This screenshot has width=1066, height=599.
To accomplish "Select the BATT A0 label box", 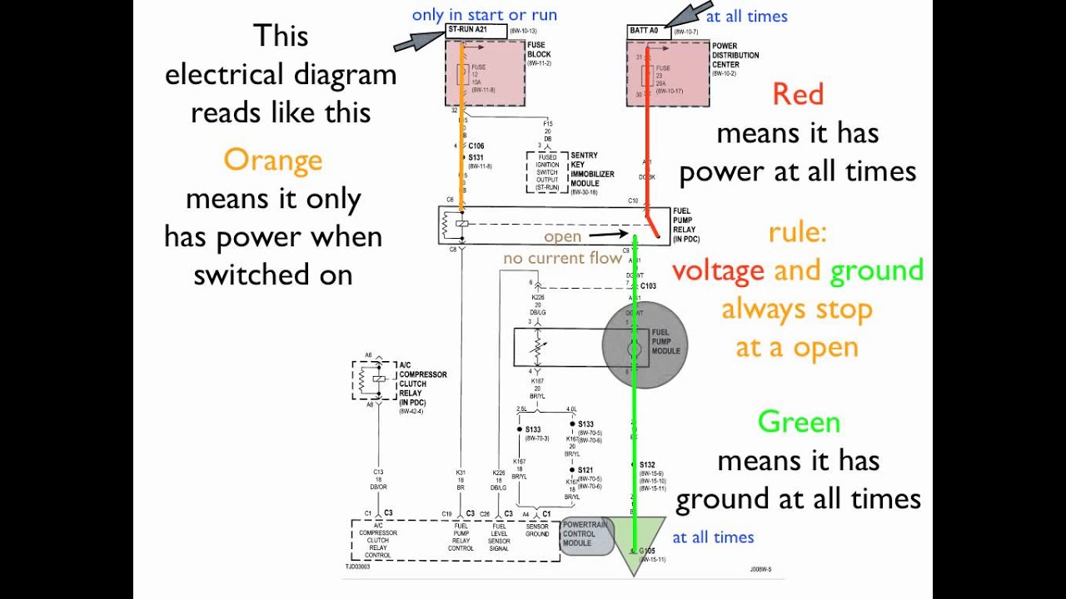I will click(648, 32).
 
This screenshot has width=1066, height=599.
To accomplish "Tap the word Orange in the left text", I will click(272, 160).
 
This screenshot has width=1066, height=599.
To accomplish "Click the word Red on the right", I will click(797, 94).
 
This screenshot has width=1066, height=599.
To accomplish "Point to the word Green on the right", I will click(798, 422).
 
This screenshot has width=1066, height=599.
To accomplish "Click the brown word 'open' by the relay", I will click(562, 237).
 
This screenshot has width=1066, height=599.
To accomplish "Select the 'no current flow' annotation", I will click(562, 259).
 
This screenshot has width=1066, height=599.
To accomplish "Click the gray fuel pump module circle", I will click(645, 344).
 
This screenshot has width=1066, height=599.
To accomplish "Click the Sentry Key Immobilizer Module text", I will click(592, 170).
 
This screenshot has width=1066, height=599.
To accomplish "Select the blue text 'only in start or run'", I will click(484, 15).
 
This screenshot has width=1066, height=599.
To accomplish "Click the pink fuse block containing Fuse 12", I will click(485, 72).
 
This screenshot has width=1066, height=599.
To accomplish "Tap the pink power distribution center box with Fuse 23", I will click(668, 73).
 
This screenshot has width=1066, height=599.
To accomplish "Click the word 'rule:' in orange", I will click(797, 232).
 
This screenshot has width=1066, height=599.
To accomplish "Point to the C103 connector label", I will click(648, 286).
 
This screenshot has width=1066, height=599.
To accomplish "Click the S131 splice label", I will click(476, 157).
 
